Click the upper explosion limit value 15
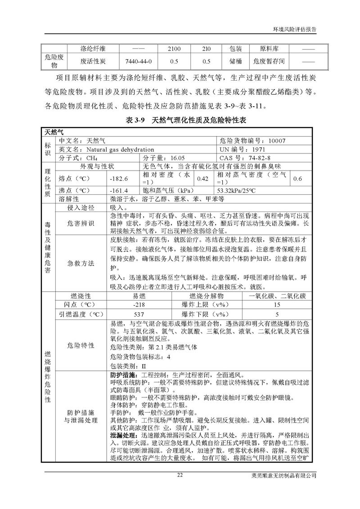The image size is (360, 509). click(277, 305)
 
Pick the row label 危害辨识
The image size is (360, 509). click(81, 223)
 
